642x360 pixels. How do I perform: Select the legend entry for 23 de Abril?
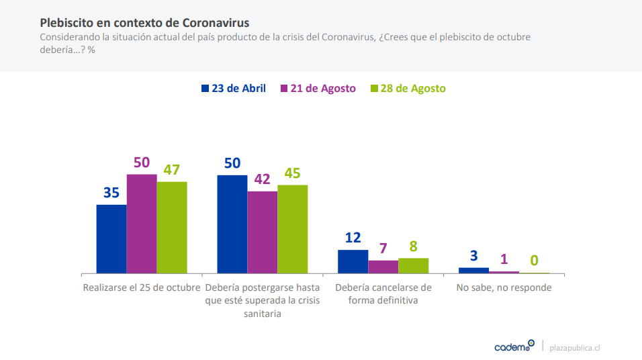point(233,89)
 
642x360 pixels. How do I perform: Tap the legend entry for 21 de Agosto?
point(318,89)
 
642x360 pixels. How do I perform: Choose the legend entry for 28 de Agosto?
point(408,89)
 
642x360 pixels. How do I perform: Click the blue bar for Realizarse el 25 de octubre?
point(111,239)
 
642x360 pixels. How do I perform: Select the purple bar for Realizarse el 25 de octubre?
point(142,224)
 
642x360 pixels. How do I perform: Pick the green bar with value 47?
point(172,228)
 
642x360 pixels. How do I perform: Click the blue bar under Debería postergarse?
point(232,224)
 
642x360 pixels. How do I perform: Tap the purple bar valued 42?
point(262,232)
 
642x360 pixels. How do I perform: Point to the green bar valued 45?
point(292,229)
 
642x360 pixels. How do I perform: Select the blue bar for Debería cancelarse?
point(353,262)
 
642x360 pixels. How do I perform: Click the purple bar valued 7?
point(383,267)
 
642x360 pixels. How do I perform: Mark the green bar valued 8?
point(413,266)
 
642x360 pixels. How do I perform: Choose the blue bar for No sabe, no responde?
point(473,270)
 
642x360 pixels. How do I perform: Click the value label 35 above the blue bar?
point(111,193)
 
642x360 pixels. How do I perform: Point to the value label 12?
point(353,238)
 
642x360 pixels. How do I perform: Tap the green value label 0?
point(535,261)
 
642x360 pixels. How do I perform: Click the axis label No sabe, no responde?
point(504,288)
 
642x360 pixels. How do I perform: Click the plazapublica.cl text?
point(574,348)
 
